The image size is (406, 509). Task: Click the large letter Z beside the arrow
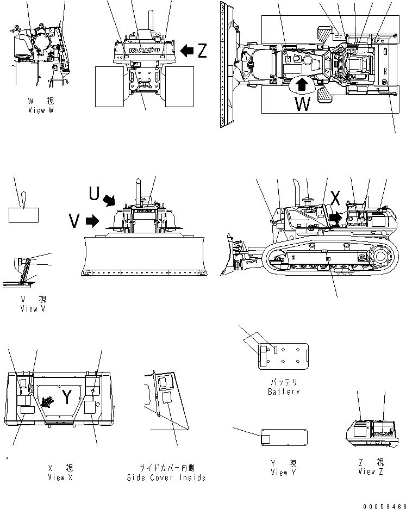(202, 51)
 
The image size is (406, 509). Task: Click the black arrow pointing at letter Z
(186, 51)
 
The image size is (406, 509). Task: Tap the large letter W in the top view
(303, 103)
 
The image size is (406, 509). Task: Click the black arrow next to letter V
(92, 220)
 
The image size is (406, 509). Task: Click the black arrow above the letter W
(303, 84)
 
